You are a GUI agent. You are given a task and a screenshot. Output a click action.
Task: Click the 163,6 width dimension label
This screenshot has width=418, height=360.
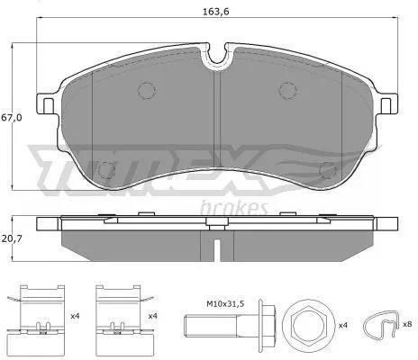point(216,12)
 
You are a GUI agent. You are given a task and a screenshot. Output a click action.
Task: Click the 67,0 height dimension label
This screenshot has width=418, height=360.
point(12,118)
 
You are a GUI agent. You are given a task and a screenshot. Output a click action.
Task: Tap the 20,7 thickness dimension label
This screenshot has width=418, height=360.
point(12,238)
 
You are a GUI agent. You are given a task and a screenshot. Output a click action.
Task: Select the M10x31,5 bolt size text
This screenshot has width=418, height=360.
point(225,304)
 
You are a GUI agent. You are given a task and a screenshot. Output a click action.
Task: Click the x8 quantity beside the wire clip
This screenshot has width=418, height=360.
point(407,324)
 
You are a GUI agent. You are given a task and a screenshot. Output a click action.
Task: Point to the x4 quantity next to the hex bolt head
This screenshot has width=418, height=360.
point(342,325)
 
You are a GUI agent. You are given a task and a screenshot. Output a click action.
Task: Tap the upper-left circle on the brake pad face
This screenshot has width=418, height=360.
point(147,90)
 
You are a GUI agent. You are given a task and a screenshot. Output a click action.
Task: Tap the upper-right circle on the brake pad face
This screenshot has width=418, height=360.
point(287,90)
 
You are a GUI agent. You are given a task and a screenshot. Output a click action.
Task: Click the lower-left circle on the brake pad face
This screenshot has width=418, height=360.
point(107,170)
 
